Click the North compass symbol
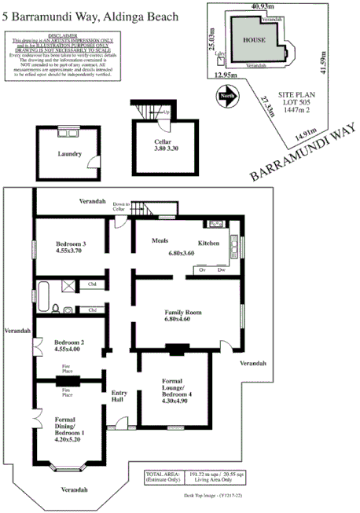(x=227, y=97)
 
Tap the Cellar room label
(x=162, y=144)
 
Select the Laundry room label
(x=70, y=154)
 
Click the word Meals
(x=161, y=244)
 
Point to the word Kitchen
(x=208, y=244)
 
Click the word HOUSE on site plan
(x=252, y=38)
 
